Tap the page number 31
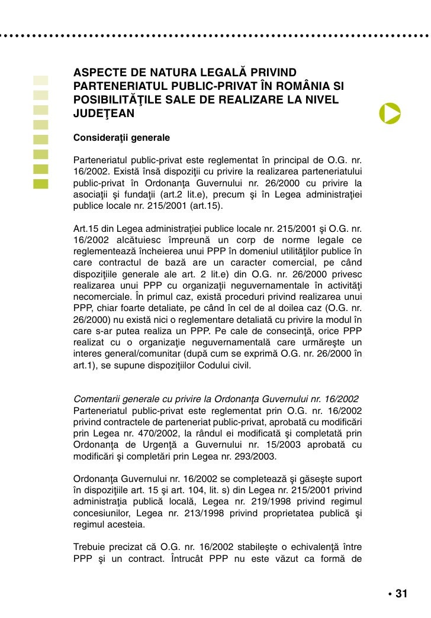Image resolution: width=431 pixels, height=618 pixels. (401, 594)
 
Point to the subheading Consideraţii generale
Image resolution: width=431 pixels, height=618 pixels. (121, 138)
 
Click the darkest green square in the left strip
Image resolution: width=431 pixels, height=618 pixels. (40, 183)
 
